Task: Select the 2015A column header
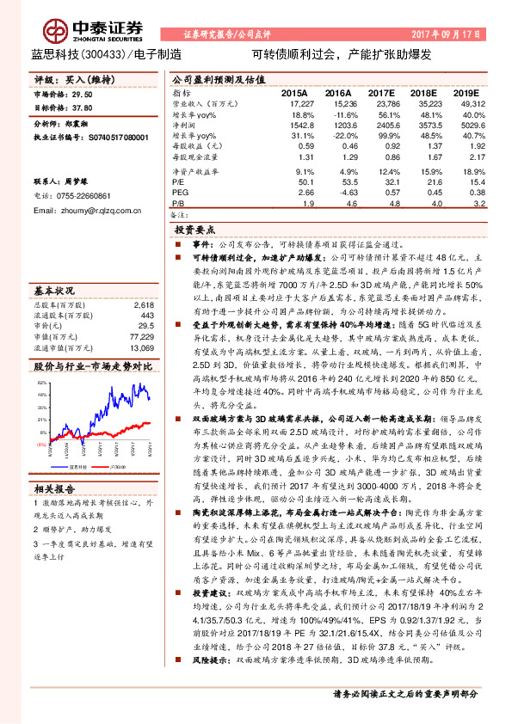coord(294,92)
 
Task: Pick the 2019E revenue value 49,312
coord(469,102)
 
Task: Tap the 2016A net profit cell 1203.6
coord(338,125)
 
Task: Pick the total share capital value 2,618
coord(143,280)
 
